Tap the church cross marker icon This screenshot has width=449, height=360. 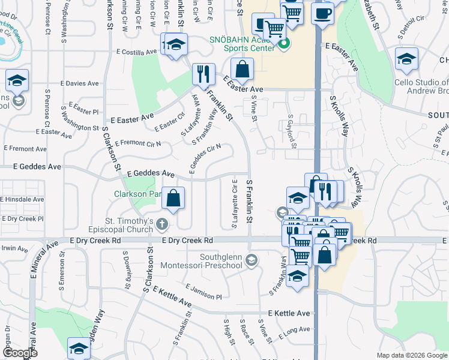point(161,225)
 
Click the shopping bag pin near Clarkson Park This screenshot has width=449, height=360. point(173,198)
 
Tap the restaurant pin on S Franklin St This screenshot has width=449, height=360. point(203,74)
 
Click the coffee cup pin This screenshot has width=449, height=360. point(322,12)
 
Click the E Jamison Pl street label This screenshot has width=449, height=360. point(203,292)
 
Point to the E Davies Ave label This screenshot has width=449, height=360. point(82,83)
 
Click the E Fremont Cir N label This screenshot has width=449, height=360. point(138,143)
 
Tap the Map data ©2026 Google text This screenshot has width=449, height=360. point(411,355)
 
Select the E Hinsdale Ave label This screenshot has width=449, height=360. point(22,199)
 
